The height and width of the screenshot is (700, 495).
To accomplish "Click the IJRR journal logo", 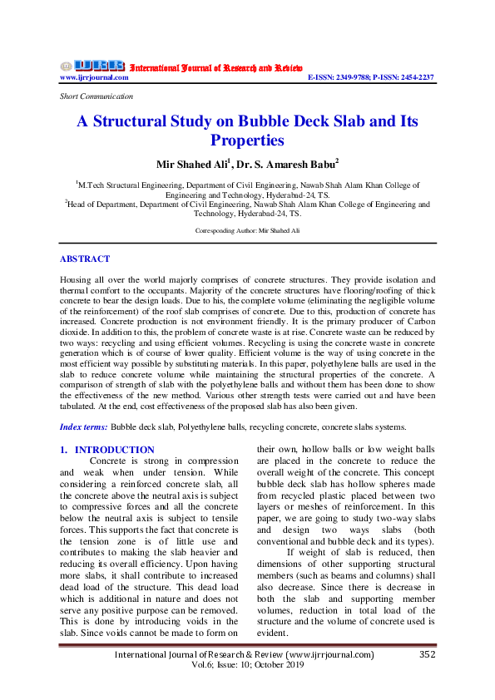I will [92, 66].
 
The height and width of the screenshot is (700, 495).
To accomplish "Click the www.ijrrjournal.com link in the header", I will [94, 77].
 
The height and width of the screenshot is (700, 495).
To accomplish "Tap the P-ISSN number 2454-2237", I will [413, 77].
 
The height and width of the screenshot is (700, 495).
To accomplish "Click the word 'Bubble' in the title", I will [265, 121].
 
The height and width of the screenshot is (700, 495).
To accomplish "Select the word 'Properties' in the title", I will [247, 140].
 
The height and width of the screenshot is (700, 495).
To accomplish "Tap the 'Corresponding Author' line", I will [247, 229].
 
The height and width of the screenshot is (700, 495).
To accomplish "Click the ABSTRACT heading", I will [85, 259].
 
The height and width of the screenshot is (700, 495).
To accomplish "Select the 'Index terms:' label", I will [85, 426].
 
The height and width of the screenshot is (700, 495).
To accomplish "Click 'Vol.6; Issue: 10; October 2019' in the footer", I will [247, 666].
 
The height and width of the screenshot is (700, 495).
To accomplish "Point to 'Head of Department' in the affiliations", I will [103, 204].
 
